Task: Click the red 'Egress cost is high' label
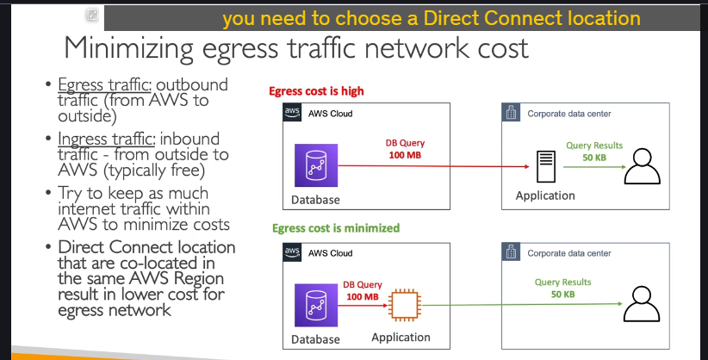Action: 316,91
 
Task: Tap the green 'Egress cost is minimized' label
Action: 336,228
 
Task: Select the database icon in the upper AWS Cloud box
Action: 316,165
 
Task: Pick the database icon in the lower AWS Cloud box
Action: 316,305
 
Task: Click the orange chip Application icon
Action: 405,306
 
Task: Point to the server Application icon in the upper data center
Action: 546,167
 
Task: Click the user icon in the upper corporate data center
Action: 642,166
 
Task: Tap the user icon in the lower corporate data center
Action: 642,304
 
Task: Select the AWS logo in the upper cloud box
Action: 292,112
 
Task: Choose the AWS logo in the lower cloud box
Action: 292,251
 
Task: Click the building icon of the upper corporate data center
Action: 511,112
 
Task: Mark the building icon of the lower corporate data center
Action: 511,252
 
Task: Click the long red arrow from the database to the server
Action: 433,166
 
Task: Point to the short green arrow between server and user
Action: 594,167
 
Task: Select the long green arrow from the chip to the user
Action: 522,304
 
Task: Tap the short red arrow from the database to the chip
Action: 363,306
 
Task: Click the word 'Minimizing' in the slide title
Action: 128,48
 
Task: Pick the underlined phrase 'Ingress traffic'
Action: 107,139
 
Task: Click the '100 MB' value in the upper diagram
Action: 405,155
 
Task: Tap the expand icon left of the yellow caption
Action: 92,15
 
